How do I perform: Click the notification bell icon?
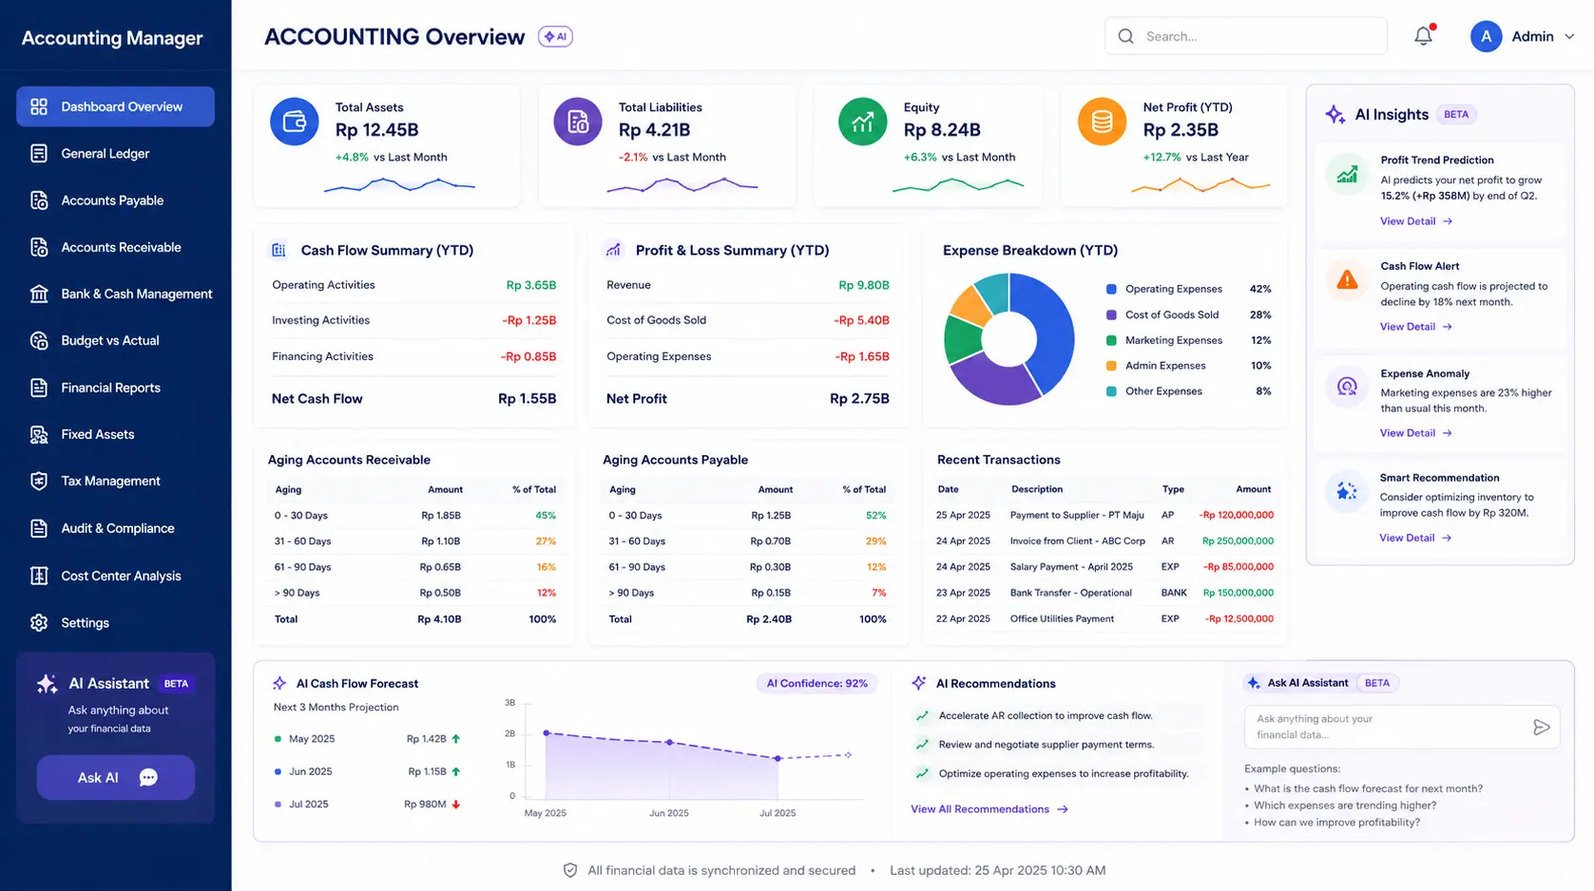(x=1423, y=35)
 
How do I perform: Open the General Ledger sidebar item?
(x=105, y=154)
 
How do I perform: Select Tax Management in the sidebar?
(x=110, y=482)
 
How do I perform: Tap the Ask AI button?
(x=115, y=777)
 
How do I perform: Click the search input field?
(x=1246, y=36)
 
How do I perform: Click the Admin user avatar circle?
(x=1486, y=36)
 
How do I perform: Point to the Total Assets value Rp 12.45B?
(x=376, y=130)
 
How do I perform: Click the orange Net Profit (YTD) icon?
(x=1102, y=122)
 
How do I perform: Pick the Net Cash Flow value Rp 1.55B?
(x=527, y=399)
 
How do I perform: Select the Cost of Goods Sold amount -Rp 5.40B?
(x=861, y=320)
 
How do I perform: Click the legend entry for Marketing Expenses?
(x=1174, y=341)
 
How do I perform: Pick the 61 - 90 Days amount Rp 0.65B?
(x=440, y=567)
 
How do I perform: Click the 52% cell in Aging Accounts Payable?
(x=875, y=516)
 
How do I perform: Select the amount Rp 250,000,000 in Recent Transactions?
(x=1238, y=541)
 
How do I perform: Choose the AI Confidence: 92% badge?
(x=816, y=683)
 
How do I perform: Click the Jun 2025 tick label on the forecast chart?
(x=668, y=813)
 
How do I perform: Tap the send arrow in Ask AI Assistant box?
(x=1541, y=727)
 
